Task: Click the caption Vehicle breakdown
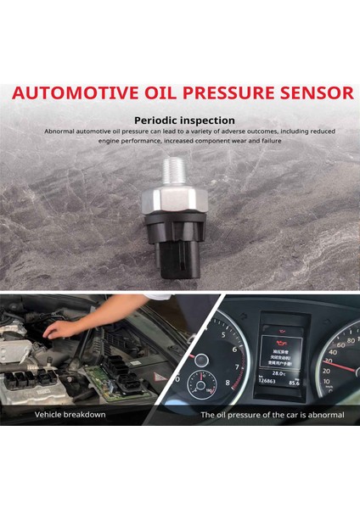tap(70, 415)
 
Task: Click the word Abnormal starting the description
tap(60, 131)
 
